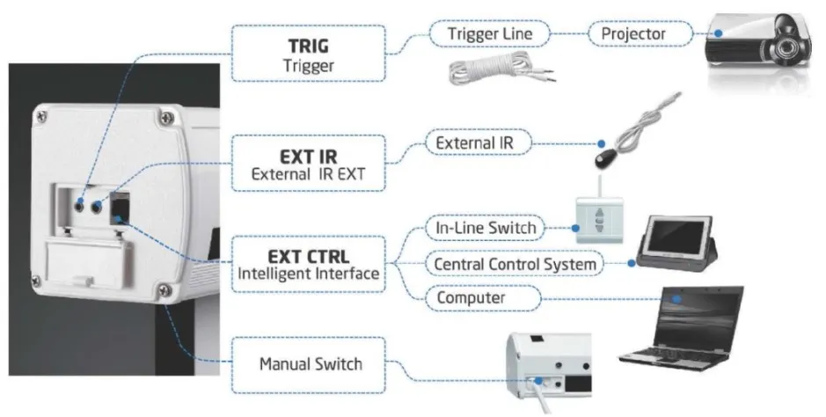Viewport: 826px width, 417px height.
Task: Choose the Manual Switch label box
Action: (310, 362)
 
